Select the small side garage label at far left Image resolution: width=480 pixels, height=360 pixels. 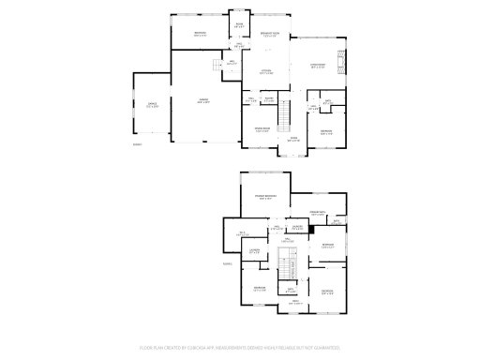pos(151,106)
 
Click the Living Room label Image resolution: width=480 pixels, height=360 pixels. pos(318,66)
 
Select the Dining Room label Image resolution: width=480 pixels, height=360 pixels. pos(263,129)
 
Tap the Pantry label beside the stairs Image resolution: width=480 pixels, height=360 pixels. pos(268,99)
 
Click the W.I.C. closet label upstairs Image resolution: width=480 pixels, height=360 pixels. pos(241,232)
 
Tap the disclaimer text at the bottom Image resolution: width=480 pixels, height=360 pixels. pos(240,348)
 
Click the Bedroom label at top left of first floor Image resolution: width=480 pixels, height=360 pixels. pos(201,34)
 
